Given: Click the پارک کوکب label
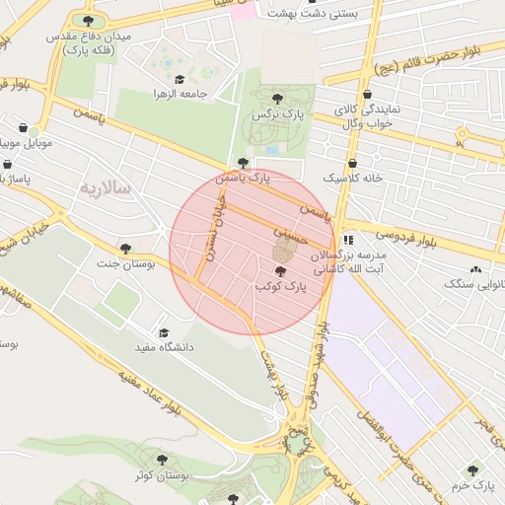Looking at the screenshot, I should point(282,286).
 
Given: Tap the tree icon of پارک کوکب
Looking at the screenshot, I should point(282,271).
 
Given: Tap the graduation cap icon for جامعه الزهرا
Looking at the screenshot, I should point(179,79).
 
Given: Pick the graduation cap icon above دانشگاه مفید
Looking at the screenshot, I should point(163,332).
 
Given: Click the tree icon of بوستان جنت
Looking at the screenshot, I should point(124,249).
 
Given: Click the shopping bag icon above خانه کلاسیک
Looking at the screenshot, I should point(352,163).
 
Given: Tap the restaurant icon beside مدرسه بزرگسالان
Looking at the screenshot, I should point(347,239).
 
